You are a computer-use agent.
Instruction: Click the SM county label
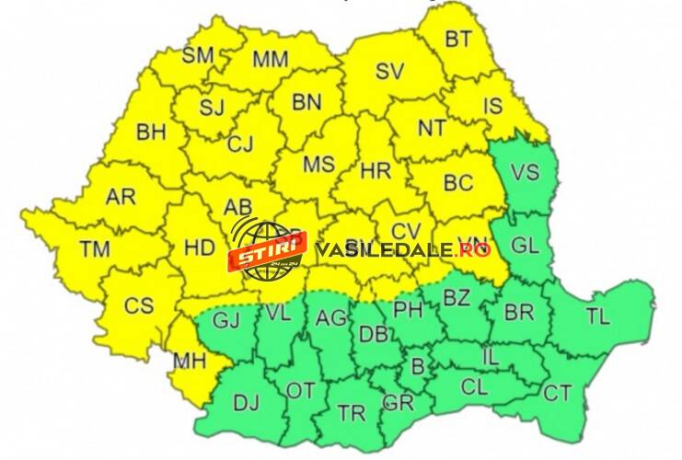pyautogui.click(x=198, y=54)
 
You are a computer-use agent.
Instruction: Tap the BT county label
pyautogui.click(x=457, y=39)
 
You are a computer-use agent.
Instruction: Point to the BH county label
pyautogui.click(x=151, y=132)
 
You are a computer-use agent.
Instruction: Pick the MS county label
pyautogui.click(x=318, y=165)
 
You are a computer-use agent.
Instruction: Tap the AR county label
pyautogui.click(x=120, y=197)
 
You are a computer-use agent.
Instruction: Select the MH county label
pyautogui.click(x=190, y=362)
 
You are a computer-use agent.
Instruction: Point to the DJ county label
pyautogui.click(x=246, y=402)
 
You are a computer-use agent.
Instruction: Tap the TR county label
pyautogui.click(x=352, y=411)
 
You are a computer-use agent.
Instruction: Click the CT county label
pyautogui.click(x=557, y=393)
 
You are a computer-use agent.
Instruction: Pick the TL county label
pyautogui.click(x=598, y=317)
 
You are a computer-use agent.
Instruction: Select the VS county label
pyautogui.click(x=525, y=172)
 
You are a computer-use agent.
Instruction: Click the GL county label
pyautogui.click(x=525, y=246)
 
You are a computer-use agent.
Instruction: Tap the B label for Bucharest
pyautogui.click(x=417, y=367)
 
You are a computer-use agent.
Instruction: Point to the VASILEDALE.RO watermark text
pyautogui.click(x=402, y=249)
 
